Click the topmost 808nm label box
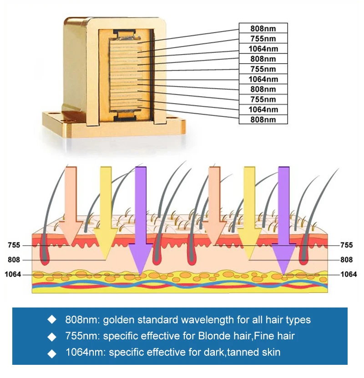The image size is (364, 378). [263, 28]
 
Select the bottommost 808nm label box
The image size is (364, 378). [263, 119]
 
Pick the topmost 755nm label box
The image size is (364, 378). [263, 38]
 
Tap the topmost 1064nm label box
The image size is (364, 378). [263, 49]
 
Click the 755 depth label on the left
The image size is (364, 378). [14, 245]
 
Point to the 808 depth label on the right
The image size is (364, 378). [346, 260]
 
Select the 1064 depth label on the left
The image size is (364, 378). [13, 274]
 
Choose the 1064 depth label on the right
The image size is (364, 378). [349, 274]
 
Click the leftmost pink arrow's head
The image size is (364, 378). [71, 232]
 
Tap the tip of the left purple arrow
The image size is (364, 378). [140, 275]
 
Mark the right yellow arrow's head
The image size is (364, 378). [249, 243]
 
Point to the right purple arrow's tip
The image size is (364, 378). [284, 275]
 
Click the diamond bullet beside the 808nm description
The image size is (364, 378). [52, 320]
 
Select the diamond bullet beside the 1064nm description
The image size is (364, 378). [52, 353]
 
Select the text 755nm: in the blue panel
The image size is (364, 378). [82, 336]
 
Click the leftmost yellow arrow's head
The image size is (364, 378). [106, 243]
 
